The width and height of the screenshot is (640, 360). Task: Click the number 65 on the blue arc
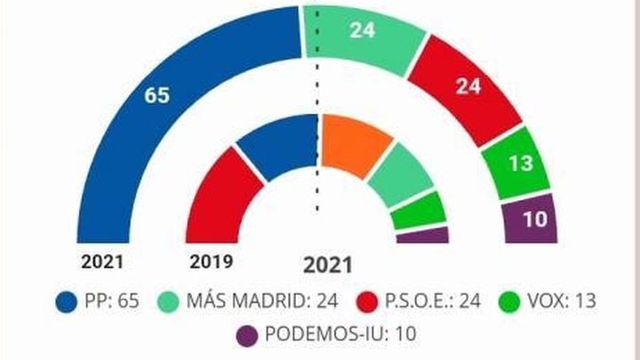pos(156,95)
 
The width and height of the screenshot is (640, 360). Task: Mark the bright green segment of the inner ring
pos(418,210)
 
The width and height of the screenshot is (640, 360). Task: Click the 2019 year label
pos(211,262)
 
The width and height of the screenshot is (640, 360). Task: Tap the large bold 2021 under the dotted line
pos(328,265)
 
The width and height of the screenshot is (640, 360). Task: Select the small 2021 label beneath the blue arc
pos(102,262)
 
